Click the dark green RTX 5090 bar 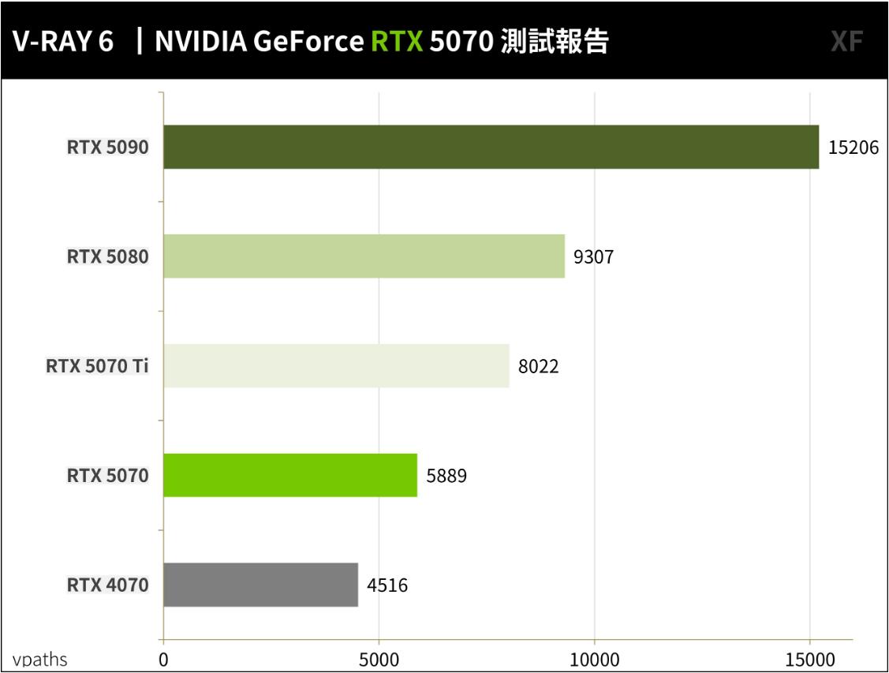click(491, 147)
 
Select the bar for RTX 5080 click(364, 256)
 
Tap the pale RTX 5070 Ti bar click(336, 366)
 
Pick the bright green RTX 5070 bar click(289, 475)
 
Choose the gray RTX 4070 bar click(260, 585)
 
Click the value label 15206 click(853, 148)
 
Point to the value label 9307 click(593, 257)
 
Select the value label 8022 click(538, 366)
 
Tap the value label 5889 click(446, 476)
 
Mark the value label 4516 click(387, 585)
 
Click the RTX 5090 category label click(107, 148)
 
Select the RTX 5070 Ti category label click(97, 366)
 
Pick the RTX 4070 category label click(107, 585)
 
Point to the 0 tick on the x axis click(163, 659)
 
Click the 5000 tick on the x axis click(379, 659)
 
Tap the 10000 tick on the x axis click(594, 659)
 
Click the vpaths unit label click(39, 660)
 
